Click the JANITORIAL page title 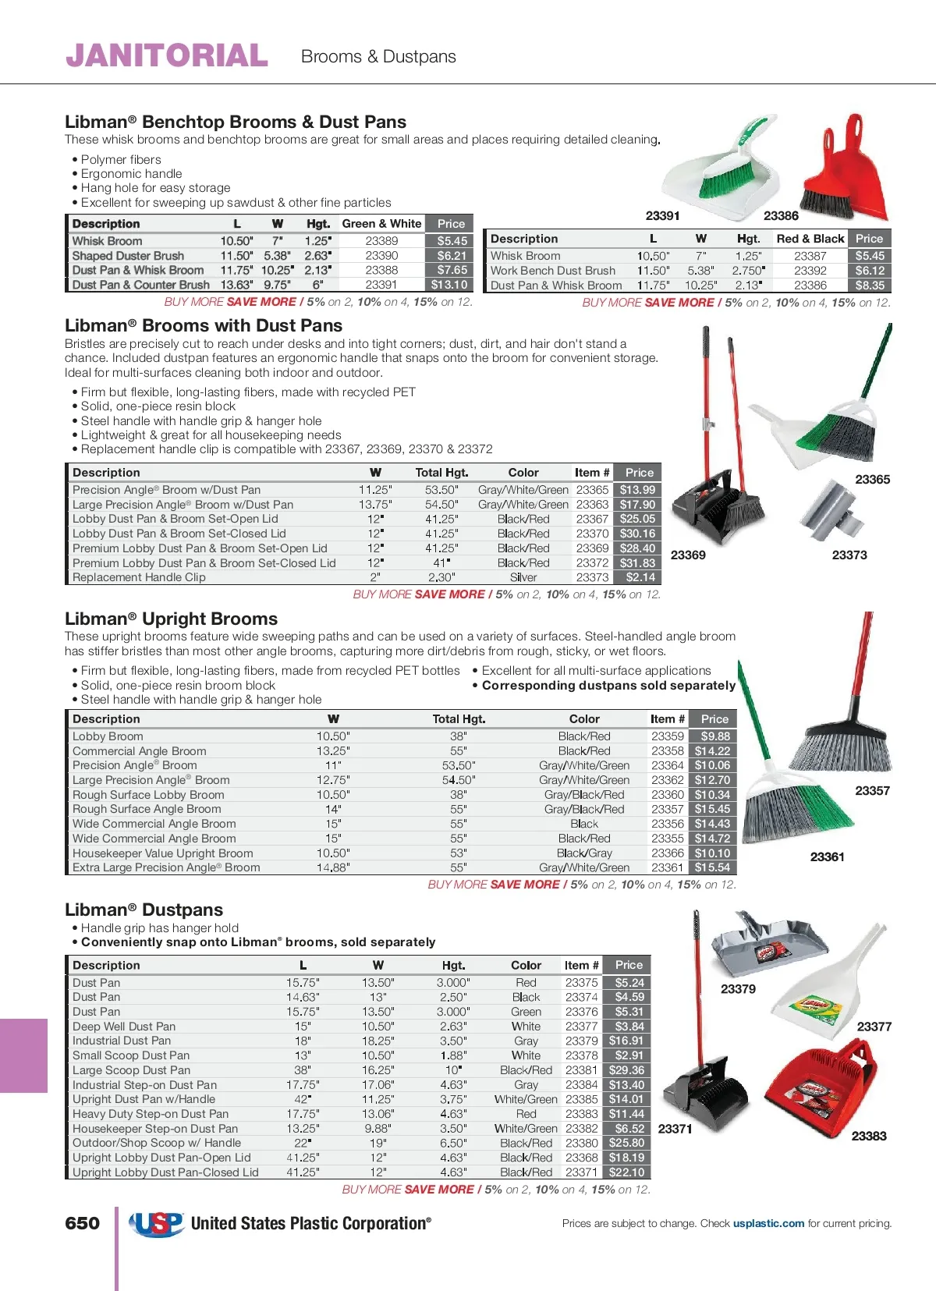[x=167, y=55]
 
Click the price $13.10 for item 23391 [x=449, y=285]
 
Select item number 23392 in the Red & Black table [x=810, y=271]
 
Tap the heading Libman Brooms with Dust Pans [x=204, y=325]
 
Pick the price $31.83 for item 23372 [x=637, y=562]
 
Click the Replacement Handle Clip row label [x=139, y=577]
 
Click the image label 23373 [x=849, y=555]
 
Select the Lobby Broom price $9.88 [x=714, y=736]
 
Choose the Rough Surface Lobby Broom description [x=148, y=795]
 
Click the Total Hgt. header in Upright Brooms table [x=459, y=719]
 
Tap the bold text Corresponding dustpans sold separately [x=608, y=685]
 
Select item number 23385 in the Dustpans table [x=581, y=1099]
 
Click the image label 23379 [x=737, y=988]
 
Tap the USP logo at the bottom [x=156, y=1224]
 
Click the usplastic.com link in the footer [x=768, y=1223]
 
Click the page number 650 [x=82, y=1223]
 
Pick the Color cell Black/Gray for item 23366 [x=584, y=853]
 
